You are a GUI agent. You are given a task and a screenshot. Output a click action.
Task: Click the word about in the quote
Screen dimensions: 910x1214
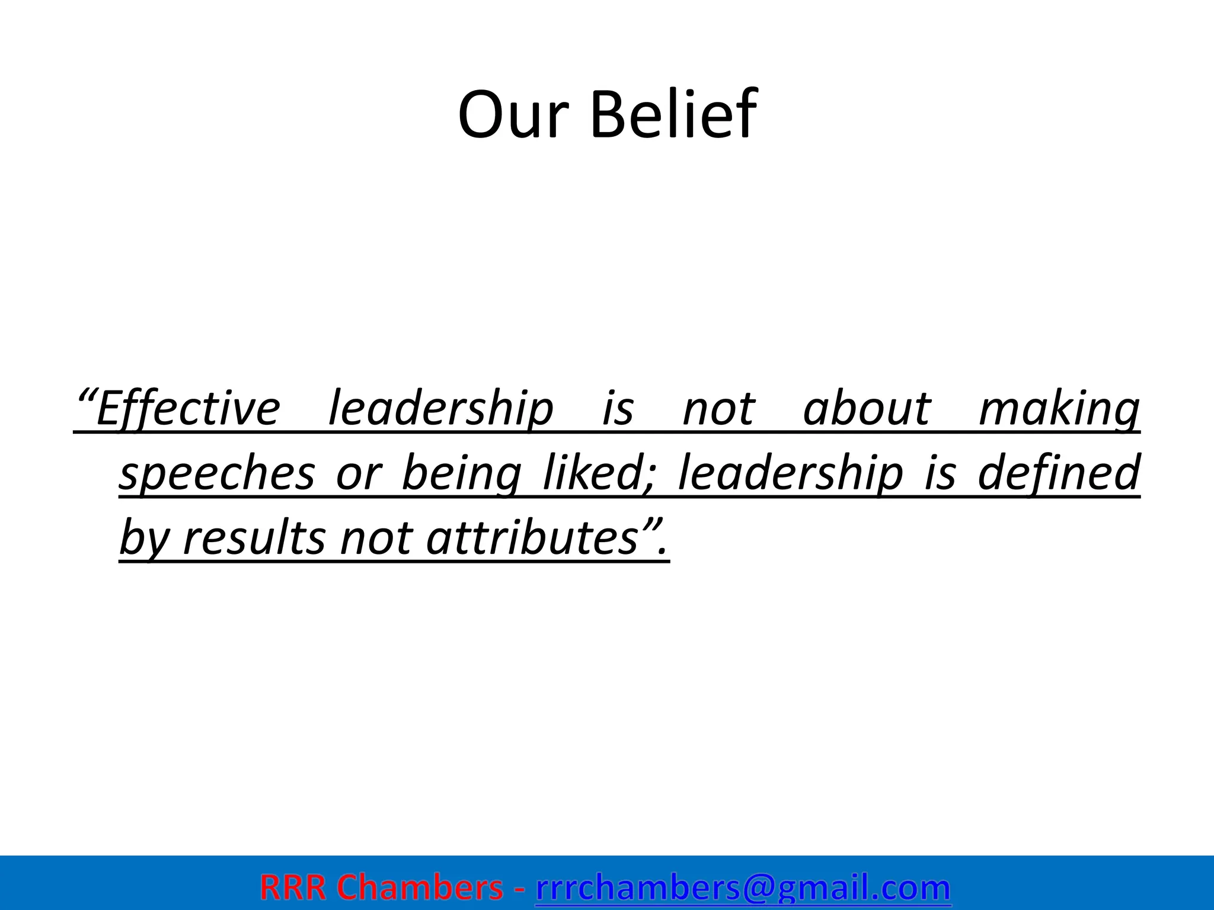pyautogui.click(x=867, y=409)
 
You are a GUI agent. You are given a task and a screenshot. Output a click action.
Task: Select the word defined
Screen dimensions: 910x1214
pyautogui.click(x=1058, y=473)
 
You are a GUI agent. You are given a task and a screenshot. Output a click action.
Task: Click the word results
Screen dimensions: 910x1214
pyautogui.click(x=254, y=538)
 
